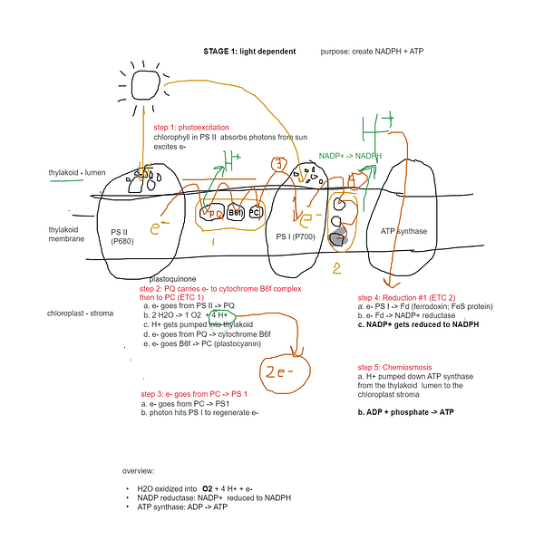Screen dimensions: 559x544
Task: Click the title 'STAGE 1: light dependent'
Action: coord(249,52)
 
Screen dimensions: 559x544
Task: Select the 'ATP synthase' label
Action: coord(403,231)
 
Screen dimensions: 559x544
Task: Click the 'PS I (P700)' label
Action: coord(295,236)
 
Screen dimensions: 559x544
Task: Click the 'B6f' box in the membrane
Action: coord(236,212)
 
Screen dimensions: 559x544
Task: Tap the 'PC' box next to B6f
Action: coord(255,212)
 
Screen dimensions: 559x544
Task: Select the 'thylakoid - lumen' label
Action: coord(78,172)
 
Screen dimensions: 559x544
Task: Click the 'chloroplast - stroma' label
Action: coord(81,313)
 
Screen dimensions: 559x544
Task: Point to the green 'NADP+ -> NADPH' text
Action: coord(350,156)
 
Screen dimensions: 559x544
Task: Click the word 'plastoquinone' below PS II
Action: coord(175,279)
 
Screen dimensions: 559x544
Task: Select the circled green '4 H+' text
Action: coord(222,315)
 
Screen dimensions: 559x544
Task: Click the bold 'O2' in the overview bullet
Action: coord(208,489)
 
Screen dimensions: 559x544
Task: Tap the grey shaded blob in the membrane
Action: coord(338,238)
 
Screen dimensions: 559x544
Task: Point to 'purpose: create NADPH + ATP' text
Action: coord(372,52)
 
